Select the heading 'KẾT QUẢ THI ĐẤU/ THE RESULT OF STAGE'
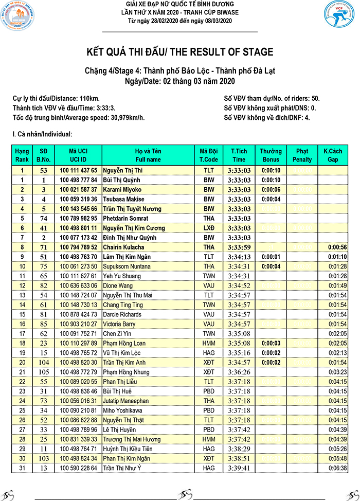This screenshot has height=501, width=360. (x=179, y=52)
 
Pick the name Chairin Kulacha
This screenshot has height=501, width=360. (x=123, y=247)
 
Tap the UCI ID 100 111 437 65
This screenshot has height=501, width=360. (x=78, y=170)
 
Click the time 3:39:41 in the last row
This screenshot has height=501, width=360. (x=239, y=468)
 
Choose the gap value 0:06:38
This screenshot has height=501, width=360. (x=337, y=468)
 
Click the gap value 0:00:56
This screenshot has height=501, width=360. (x=337, y=247)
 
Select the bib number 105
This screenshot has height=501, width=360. (x=44, y=371)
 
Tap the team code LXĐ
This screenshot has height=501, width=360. (x=209, y=228)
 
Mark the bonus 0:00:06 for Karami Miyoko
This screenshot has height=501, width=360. (x=271, y=189)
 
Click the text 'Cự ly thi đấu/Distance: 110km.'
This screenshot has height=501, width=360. (x=56, y=98)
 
